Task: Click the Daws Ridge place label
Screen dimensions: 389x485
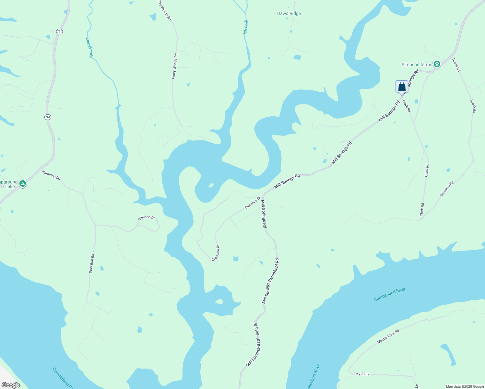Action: point(289,14)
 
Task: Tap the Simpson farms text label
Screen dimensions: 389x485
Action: point(417,65)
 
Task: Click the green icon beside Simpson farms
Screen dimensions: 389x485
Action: point(437,64)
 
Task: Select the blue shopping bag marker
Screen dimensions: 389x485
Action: point(402,87)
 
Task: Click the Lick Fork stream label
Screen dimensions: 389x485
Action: point(246,28)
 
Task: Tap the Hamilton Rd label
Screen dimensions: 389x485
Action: point(51,175)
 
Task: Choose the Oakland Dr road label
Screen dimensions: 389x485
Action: point(147,218)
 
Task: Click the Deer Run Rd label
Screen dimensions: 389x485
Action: point(92,264)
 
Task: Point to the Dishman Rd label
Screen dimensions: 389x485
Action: point(447,189)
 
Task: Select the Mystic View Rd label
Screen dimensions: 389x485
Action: point(388,336)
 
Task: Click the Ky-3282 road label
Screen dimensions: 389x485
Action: point(363,374)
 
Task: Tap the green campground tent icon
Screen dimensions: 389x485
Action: point(23,184)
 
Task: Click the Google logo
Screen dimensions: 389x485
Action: point(11,385)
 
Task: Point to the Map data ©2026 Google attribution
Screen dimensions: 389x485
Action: point(465,386)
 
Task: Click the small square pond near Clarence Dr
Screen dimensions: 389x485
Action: point(236,258)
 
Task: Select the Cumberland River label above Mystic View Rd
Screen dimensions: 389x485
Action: point(390,295)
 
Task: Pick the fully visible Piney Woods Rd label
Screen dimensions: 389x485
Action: point(174,66)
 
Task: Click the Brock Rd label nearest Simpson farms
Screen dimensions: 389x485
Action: point(456,65)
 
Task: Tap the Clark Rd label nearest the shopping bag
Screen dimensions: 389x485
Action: point(406,106)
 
